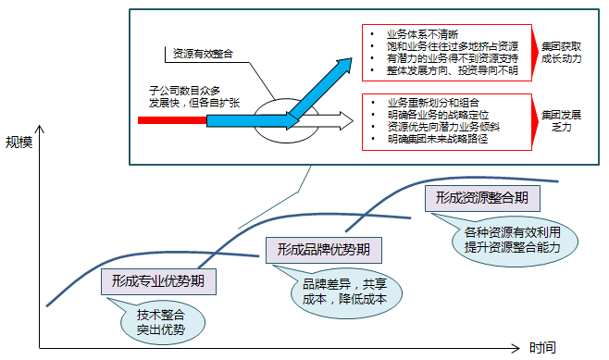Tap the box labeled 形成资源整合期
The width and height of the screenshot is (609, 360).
point(482,198)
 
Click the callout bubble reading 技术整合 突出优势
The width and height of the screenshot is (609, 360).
point(162,320)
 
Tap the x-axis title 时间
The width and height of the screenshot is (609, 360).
point(543,348)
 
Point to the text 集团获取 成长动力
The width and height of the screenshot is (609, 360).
point(562,52)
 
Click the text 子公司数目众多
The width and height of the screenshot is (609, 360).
point(185,91)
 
